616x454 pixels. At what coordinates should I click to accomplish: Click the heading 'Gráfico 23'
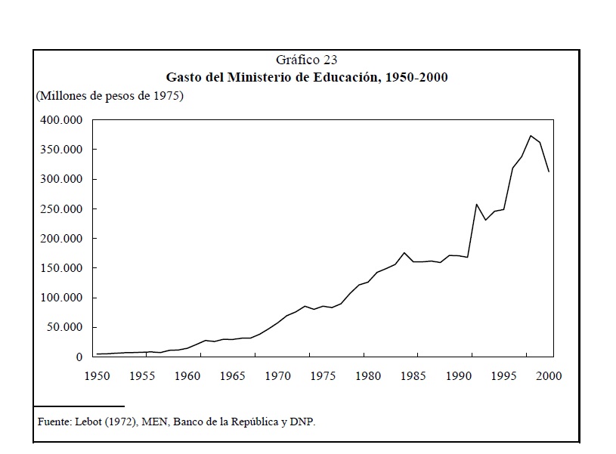click(x=307, y=60)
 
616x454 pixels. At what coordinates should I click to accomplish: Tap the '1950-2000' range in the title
click(x=416, y=78)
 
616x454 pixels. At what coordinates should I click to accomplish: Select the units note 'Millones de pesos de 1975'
click(x=110, y=96)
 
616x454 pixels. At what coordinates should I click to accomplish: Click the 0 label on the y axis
click(x=79, y=357)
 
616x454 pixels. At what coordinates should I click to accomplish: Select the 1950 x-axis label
click(x=97, y=375)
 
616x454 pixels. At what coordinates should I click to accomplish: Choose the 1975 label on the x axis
click(x=323, y=375)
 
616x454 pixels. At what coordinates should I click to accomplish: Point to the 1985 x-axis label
click(x=413, y=375)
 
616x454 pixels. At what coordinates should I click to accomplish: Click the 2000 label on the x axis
click(x=549, y=375)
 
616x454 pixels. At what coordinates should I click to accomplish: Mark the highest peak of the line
click(x=531, y=136)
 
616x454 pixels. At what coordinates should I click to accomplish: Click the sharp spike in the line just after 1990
click(x=476, y=204)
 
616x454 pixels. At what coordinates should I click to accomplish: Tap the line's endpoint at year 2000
click(x=549, y=171)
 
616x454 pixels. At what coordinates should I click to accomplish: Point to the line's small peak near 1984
click(x=404, y=252)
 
